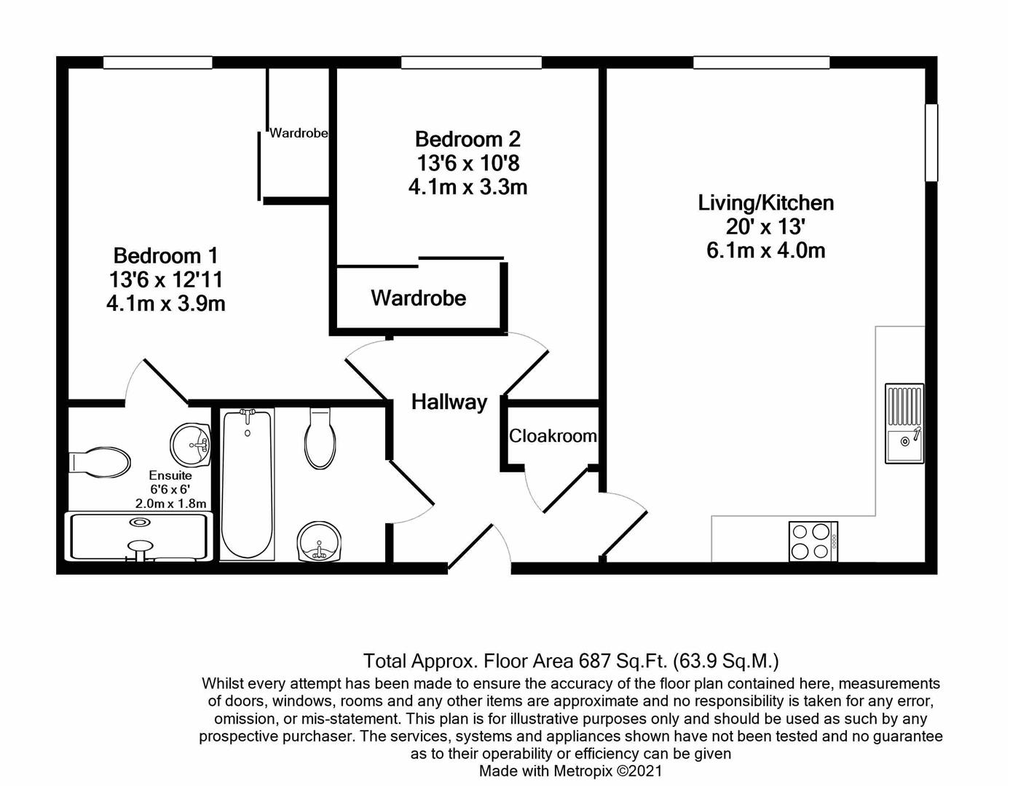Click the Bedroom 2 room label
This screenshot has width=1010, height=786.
[x=467, y=139]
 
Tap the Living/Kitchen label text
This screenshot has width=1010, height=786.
[x=765, y=203]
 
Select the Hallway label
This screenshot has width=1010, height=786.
[x=449, y=402]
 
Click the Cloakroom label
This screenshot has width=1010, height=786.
[x=552, y=436]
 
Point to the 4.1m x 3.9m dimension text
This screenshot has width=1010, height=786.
[x=165, y=303]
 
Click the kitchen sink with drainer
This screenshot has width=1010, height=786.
[x=904, y=424]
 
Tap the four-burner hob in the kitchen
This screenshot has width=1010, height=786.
[x=813, y=541]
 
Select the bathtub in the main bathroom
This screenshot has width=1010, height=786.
[x=248, y=484]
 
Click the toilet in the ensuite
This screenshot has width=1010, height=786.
[x=100, y=462]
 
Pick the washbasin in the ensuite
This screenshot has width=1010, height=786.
[x=191, y=443]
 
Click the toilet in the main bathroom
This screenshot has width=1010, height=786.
[x=320, y=439]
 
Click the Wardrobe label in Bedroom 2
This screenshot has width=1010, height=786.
[x=418, y=298]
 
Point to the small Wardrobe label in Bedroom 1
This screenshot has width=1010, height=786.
[x=299, y=133]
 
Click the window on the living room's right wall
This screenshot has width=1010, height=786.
[x=931, y=143]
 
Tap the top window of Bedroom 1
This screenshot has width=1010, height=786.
[x=157, y=63]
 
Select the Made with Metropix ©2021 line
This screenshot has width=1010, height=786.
[x=570, y=771]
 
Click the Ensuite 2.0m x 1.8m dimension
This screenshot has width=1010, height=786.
[x=170, y=504]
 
